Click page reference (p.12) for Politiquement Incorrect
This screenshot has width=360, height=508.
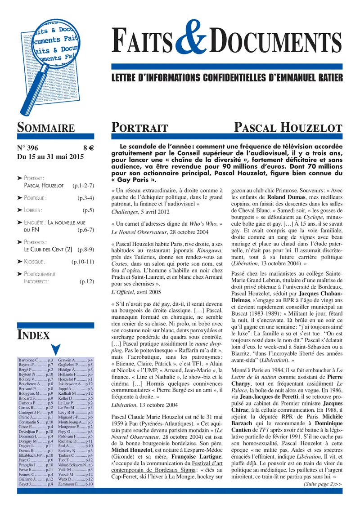click(x=86, y=282)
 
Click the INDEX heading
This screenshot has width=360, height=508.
click(x=33, y=334)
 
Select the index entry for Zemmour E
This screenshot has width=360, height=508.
click(x=76, y=484)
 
